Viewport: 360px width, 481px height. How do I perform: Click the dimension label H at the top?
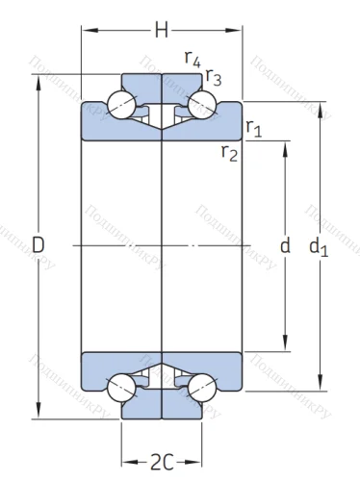point(162,32)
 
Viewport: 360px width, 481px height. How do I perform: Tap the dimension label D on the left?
point(39,246)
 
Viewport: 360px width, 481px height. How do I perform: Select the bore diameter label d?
point(284,246)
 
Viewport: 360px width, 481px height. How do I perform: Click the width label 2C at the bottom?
point(162,462)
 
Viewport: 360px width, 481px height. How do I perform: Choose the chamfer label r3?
point(214,80)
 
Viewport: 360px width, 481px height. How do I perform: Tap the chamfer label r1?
point(254,127)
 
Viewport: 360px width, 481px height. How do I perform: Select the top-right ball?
point(201,103)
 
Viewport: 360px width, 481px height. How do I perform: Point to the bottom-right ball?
point(201,389)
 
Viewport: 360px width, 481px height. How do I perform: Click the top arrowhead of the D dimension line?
point(39,79)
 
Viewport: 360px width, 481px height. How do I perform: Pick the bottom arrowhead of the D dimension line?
point(39,415)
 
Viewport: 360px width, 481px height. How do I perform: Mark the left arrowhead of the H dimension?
point(86,32)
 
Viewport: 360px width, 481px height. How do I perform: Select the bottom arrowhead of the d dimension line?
point(285,346)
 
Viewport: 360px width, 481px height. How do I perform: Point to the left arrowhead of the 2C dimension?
point(125,462)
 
